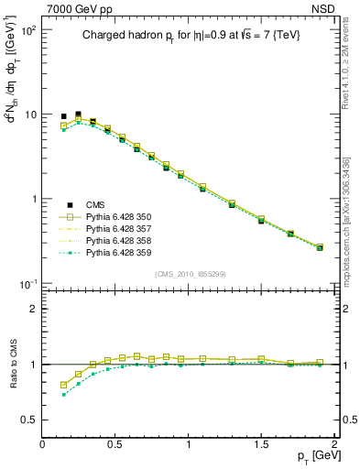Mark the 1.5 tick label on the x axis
pos(261,445)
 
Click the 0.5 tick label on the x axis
pos(115,445)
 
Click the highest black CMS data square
pos(78,115)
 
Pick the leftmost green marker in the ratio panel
pos(63,394)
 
